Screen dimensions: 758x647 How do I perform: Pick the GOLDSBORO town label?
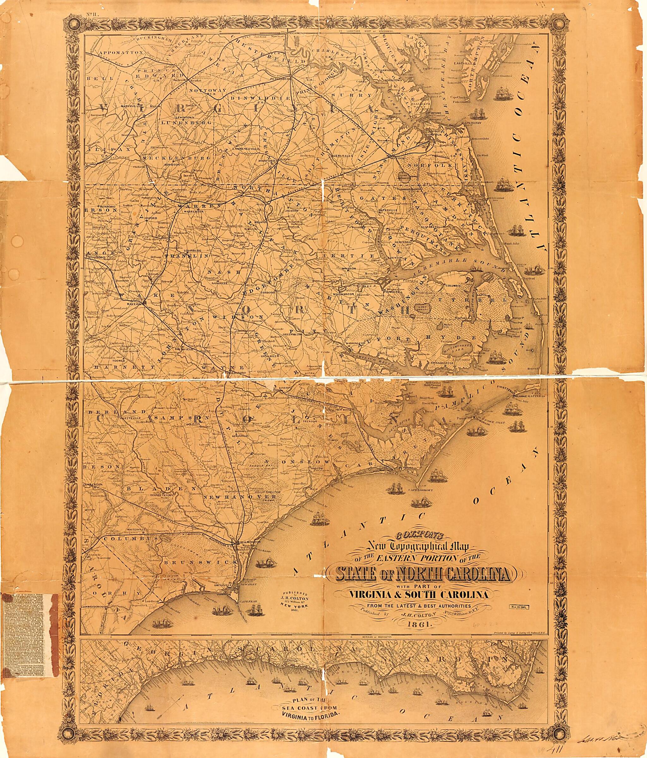click(x=237, y=372)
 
